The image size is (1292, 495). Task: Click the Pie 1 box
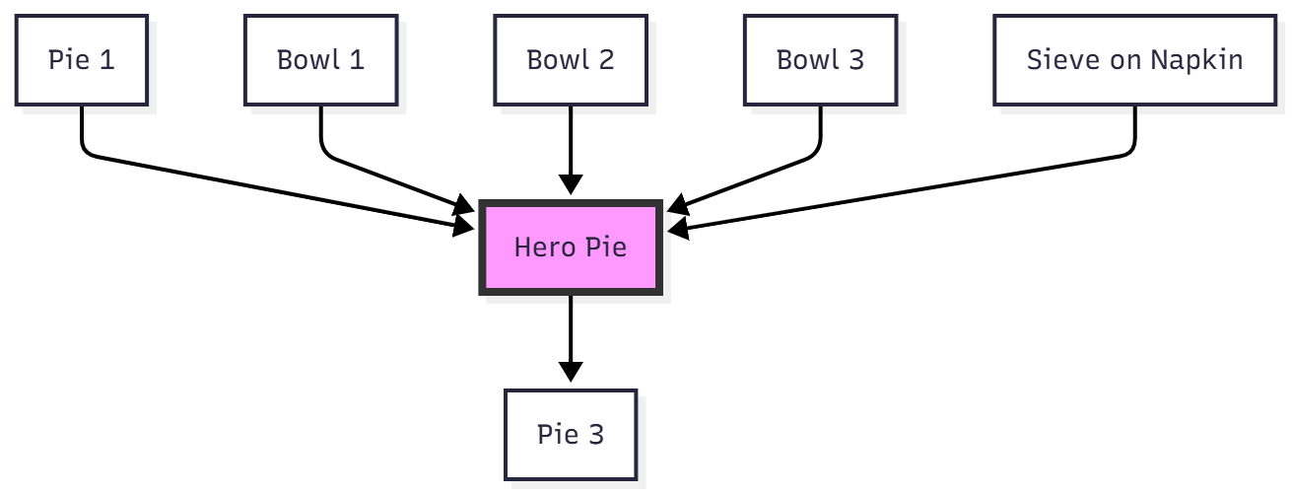[81, 59]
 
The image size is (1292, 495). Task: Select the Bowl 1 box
[320, 59]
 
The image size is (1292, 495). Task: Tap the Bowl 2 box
[571, 59]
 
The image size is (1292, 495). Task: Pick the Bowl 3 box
[820, 59]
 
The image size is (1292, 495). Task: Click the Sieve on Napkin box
[1134, 59]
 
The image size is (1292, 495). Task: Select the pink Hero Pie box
[571, 247]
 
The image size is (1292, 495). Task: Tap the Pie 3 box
[571, 434]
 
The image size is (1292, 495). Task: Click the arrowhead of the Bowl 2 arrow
[571, 184]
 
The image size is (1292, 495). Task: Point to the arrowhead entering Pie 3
[571, 372]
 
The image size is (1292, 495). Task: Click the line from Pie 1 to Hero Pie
[276, 191]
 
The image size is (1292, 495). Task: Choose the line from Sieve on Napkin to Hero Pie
[907, 190]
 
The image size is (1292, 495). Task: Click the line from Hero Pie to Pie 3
[571, 330]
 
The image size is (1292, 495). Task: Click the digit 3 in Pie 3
[597, 434]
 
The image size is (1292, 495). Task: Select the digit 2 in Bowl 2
[606, 59]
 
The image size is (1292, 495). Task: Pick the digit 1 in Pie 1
[106, 59]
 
